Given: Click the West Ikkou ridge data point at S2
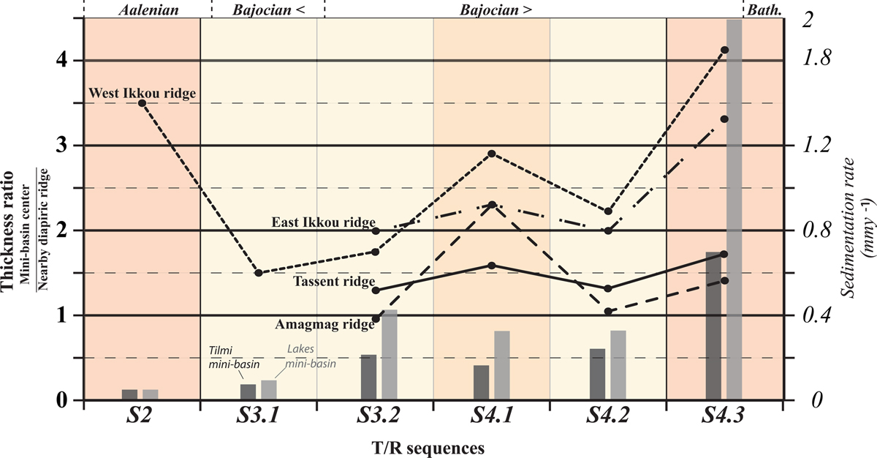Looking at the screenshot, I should coord(143,103).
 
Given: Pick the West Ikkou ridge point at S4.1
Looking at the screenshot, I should coord(492,154).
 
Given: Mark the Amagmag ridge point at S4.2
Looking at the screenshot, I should coord(608,312).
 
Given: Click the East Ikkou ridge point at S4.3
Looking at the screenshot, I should coord(725,119).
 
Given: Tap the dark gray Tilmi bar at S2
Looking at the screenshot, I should coord(129,395).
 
